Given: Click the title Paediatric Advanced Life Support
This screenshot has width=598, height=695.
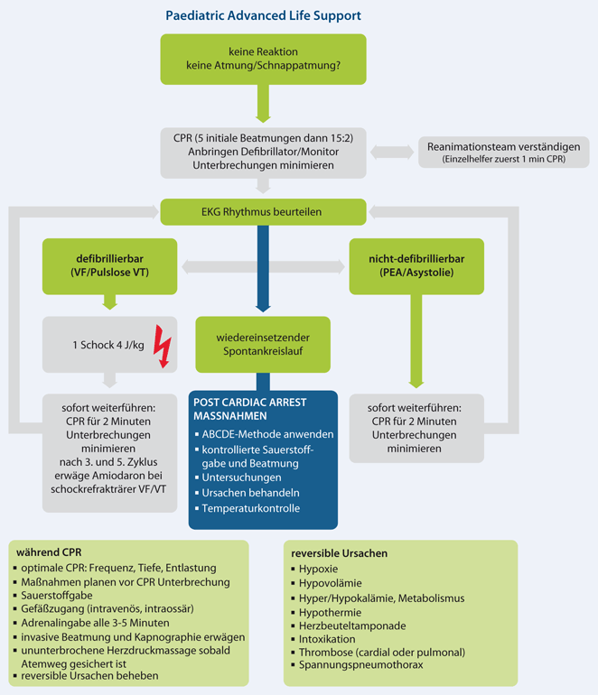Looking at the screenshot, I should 263,16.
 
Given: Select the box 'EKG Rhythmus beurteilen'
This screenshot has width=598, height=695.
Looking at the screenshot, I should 263,213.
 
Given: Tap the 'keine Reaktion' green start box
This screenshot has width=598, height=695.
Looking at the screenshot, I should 263,59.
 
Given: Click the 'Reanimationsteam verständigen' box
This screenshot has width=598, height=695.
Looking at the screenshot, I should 504,152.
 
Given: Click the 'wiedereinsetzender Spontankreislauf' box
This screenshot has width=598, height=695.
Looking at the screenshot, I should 263,344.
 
